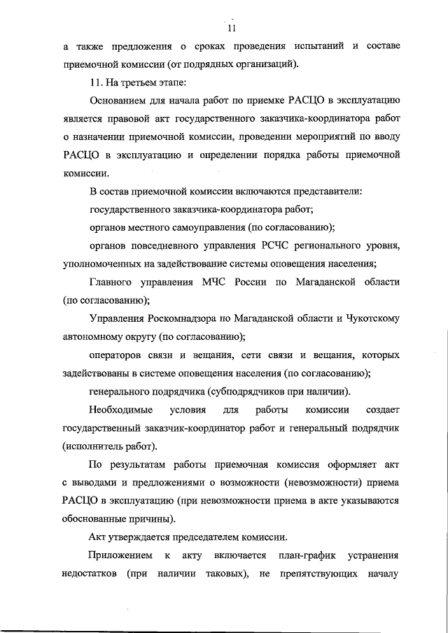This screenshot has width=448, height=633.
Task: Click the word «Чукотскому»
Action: pos(374,318)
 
